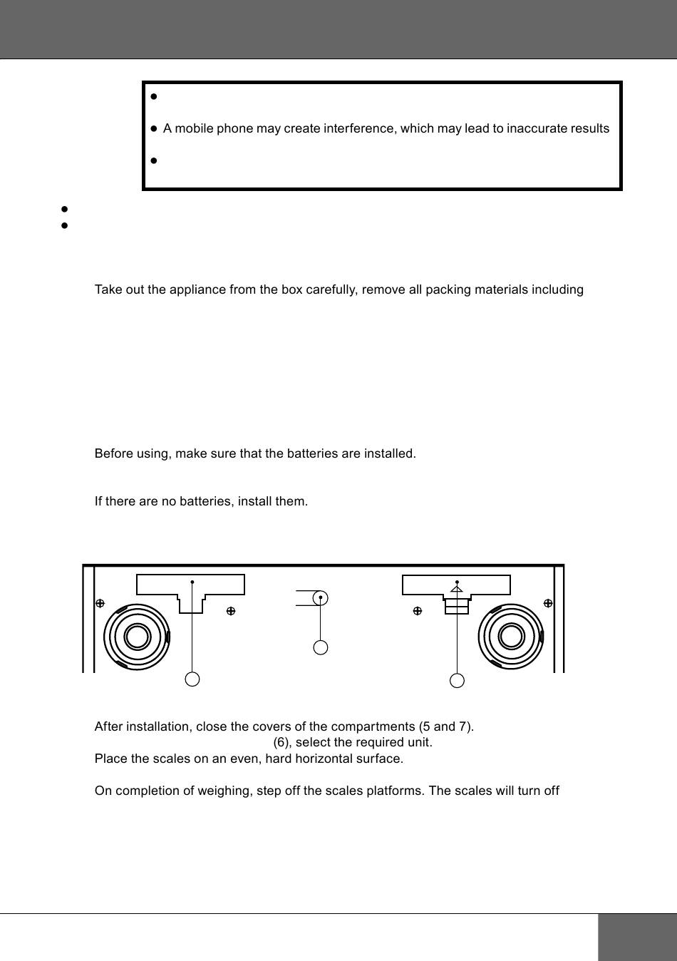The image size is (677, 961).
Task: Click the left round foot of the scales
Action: pos(137,637)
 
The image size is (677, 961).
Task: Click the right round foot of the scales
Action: pos(510,637)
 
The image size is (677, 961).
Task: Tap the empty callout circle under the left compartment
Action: pos(192,679)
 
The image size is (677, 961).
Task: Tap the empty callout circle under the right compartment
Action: pos(458,681)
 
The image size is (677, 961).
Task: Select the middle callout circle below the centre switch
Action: pos(321,647)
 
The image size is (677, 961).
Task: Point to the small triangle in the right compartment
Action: pos(457,589)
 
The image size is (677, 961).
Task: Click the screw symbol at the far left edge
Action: pos(100,603)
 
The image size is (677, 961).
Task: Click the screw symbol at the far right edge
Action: pos(548,603)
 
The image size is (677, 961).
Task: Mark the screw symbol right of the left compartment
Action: pos(231,611)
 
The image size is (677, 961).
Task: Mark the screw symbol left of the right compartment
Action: pos(418,611)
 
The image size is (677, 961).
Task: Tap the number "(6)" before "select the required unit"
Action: pos(282,742)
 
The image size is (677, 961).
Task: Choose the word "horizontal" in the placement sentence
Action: pos(322,758)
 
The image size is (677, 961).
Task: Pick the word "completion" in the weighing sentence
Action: pos(143,791)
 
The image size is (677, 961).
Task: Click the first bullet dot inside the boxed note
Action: pos(153,96)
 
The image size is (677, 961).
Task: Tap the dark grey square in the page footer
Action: pos(637,937)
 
